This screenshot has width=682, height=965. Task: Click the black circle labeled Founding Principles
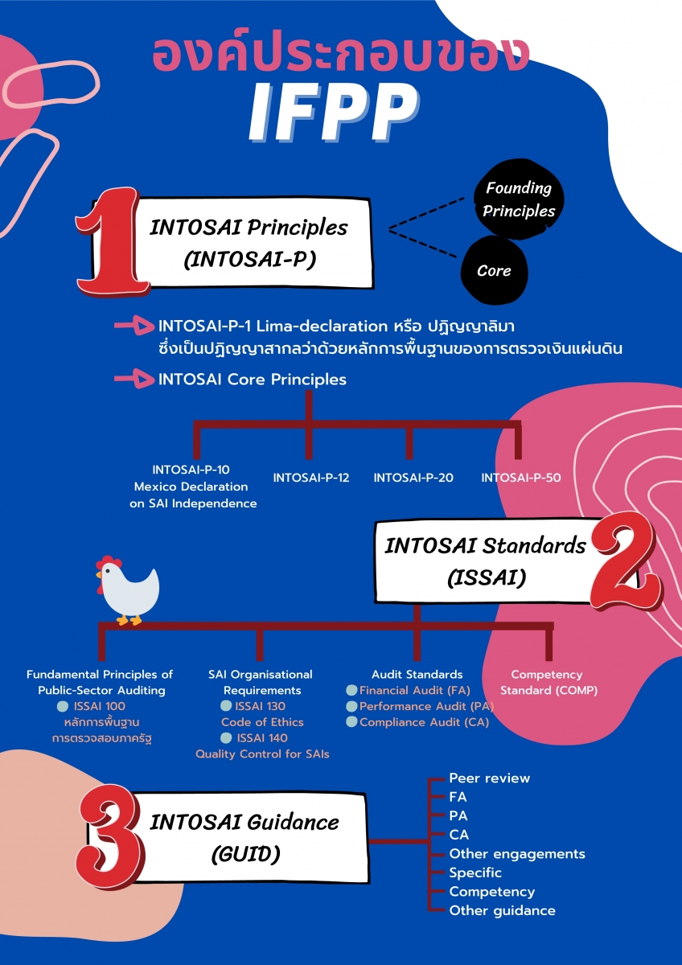[519, 199]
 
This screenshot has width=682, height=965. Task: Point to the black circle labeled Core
[494, 271]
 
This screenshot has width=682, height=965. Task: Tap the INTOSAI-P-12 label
[311, 478]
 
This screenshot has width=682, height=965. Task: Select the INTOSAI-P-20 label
[413, 478]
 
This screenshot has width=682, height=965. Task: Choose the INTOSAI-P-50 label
[521, 478]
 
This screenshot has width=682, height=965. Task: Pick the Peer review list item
[489, 778]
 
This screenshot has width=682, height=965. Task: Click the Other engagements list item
[517, 854]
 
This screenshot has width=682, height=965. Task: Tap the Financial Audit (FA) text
[414, 690]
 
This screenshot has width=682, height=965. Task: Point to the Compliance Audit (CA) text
[424, 722]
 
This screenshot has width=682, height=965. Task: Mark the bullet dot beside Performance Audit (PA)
[351, 706]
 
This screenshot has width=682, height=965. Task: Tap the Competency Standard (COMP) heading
[548, 683]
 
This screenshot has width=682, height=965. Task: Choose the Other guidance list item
[502, 911]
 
